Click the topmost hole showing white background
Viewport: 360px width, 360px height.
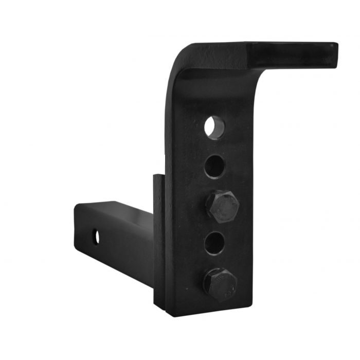click(x=214, y=127)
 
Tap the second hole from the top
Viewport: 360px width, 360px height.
click(x=214, y=166)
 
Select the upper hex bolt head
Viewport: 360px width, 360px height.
click(x=222, y=206)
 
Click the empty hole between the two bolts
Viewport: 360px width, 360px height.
click(x=214, y=243)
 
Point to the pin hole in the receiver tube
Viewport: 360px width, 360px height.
click(x=96, y=237)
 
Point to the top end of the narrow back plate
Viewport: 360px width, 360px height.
click(x=158, y=176)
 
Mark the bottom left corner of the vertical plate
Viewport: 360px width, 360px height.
click(x=167, y=313)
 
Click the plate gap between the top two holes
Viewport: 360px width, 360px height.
click(x=214, y=147)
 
